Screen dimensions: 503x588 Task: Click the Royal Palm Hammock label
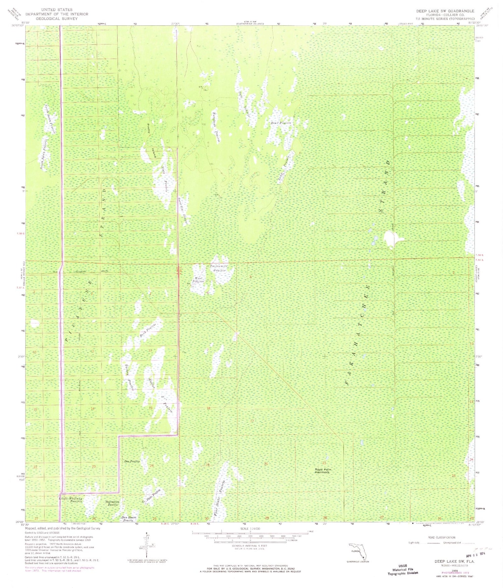pos(323,471)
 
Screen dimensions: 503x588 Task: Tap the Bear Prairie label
pos(281,123)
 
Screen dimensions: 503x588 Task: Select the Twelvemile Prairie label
pos(219,268)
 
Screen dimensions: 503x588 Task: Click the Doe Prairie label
pos(132,461)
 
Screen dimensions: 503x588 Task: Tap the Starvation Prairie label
pos(112,503)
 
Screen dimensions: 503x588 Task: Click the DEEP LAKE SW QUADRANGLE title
pos(445,11)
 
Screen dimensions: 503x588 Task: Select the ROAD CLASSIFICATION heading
pos(442,537)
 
